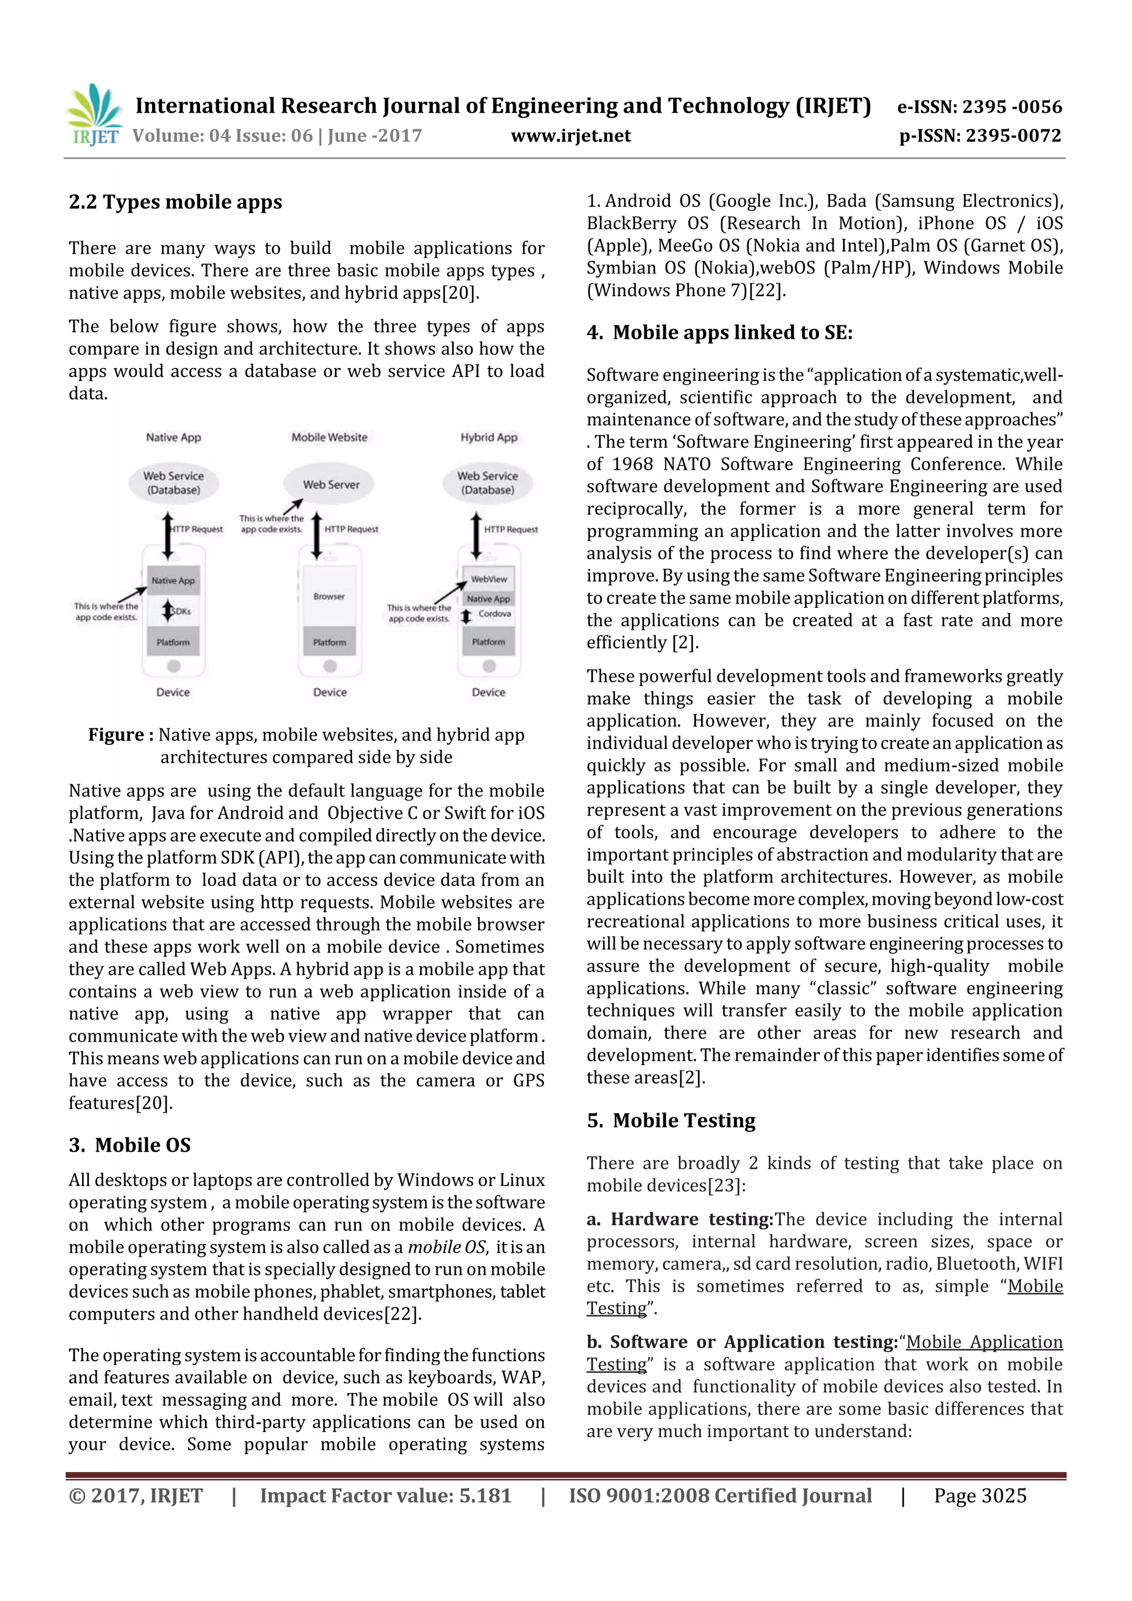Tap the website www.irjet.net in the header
(x=570, y=136)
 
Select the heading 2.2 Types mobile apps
(x=175, y=202)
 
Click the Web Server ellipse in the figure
(x=331, y=484)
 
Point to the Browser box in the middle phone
(x=329, y=597)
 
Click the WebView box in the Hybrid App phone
(x=489, y=579)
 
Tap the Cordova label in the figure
(x=495, y=613)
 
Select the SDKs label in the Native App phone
(x=181, y=612)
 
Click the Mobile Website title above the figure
(x=329, y=437)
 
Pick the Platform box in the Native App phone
(x=173, y=642)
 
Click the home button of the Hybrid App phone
(x=489, y=666)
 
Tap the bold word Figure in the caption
(x=116, y=735)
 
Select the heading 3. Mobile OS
(x=130, y=1145)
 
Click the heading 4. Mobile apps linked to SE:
(x=719, y=333)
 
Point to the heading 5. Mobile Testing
(x=671, y=1121)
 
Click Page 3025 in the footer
(x=980, y=1495)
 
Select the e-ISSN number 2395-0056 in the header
(x=1012, y=107)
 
